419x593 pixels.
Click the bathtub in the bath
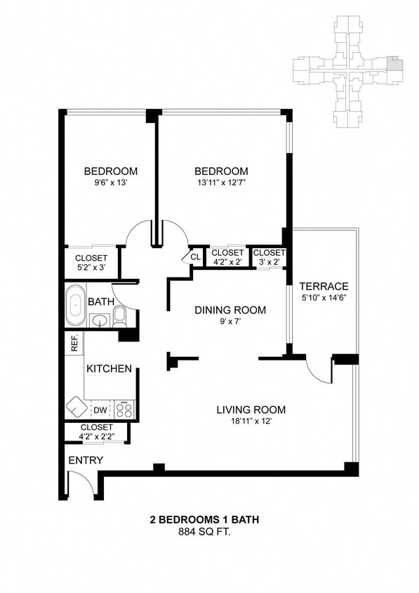point(75,306)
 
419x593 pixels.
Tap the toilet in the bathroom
point(119,315)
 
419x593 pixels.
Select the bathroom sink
point(100,322)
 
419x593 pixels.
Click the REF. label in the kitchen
point(74,343)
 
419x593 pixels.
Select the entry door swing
point(79,485)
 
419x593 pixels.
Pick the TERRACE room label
point(324,287)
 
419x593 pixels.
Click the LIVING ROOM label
point(251,410)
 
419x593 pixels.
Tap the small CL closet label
point(194,257)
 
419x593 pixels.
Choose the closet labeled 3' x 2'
point(269,257)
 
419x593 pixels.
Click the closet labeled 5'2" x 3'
point(91,262)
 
